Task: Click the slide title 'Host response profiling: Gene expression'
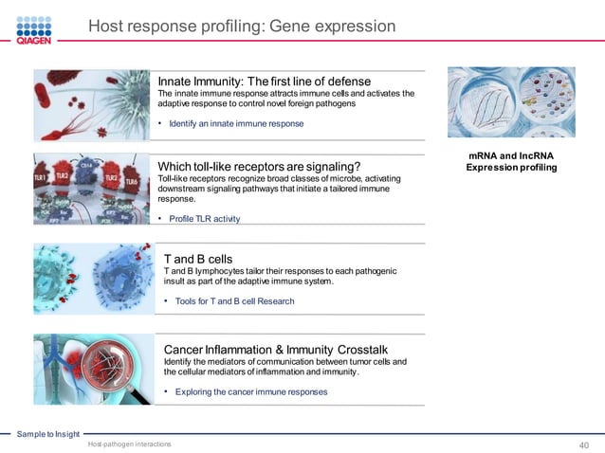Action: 242,27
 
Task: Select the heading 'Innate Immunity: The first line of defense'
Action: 264,81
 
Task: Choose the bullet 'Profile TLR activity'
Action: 204,219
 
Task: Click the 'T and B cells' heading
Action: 198,258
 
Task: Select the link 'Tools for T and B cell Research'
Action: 234,301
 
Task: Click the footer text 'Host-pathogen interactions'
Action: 129,444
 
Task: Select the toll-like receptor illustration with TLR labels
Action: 92,190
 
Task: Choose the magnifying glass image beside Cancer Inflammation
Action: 92,369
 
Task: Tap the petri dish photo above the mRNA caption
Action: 511,102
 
